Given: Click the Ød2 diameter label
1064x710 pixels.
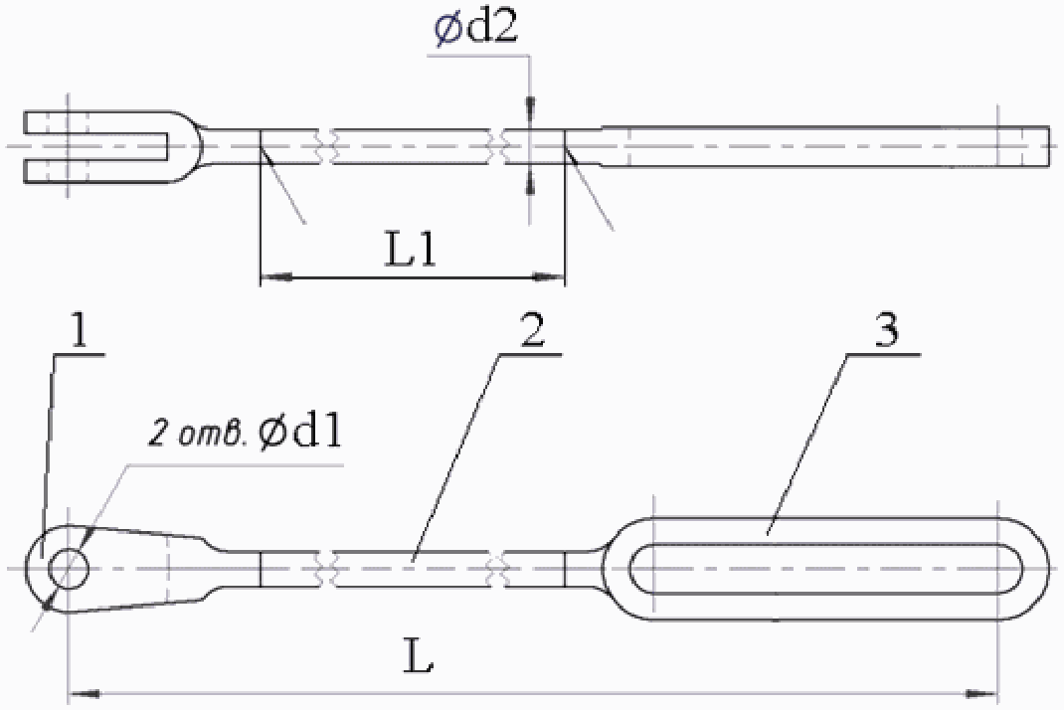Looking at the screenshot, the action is click(x=476, y=29).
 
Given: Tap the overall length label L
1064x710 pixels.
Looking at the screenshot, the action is click(x=418, y=654).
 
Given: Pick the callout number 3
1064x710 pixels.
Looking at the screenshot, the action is click(x=887, y=331).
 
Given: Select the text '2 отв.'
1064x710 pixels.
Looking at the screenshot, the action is click(x=198, y=435).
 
